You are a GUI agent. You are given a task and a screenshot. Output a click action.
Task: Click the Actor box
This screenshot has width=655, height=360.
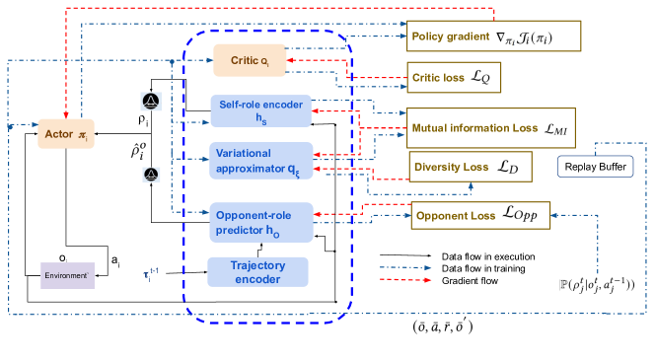click(66, 132)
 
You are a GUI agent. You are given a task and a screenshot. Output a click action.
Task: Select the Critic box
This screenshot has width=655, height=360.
click(255, 61)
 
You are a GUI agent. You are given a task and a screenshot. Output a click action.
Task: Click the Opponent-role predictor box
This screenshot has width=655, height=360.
click(261, 222)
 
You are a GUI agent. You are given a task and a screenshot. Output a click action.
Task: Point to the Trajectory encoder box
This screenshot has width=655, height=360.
click(257, 271)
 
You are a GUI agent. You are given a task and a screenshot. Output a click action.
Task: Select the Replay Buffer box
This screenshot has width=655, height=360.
click(596, 167)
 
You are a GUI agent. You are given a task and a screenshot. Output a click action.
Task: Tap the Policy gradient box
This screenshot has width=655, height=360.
click(494, 36)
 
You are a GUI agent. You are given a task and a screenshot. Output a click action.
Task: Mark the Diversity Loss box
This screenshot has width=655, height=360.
click(471, 167)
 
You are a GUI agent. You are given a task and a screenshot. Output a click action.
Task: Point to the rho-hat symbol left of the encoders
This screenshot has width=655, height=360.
click(140, 151)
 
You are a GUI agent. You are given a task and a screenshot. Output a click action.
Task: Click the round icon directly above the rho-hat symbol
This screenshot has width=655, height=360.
click(150, 102)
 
